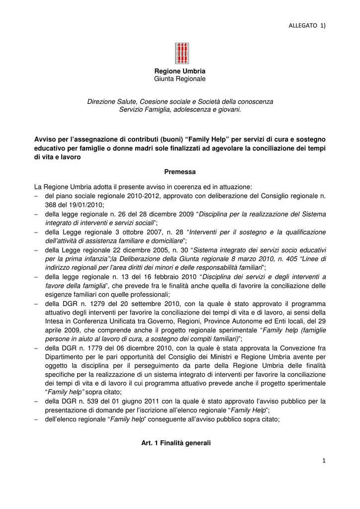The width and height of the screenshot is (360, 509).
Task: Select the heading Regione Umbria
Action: (180, 71)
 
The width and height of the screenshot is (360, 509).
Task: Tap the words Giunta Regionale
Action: (180, 79)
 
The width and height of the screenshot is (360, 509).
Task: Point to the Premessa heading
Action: (180, 171)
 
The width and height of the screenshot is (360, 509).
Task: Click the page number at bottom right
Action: (324, 461)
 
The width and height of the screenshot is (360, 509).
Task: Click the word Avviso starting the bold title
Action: (46, 138)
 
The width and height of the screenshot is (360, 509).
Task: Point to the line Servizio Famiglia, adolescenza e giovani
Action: (180, 109)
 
